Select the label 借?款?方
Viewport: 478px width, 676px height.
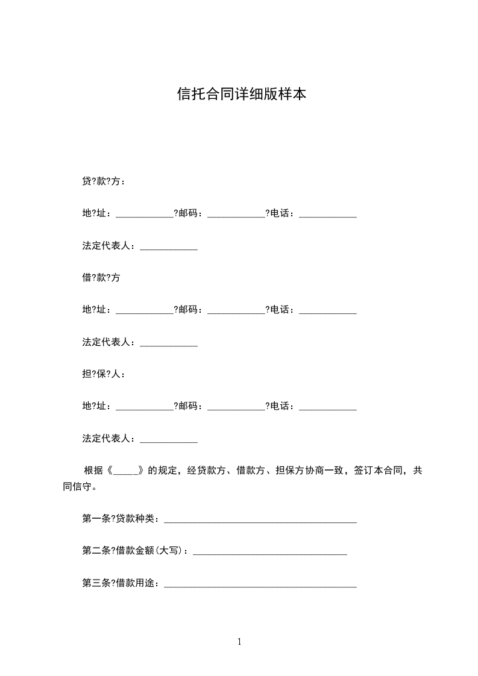click(101, 278)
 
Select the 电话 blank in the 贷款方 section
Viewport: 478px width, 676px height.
click(328, 214)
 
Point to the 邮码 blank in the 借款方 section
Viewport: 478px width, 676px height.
click(236, 311)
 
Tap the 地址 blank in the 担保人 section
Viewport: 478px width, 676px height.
click(144, 407)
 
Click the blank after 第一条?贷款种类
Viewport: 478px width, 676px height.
click(260, 519)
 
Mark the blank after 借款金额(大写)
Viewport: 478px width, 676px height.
click(269, 552)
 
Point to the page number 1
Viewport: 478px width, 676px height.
click(239, 642)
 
